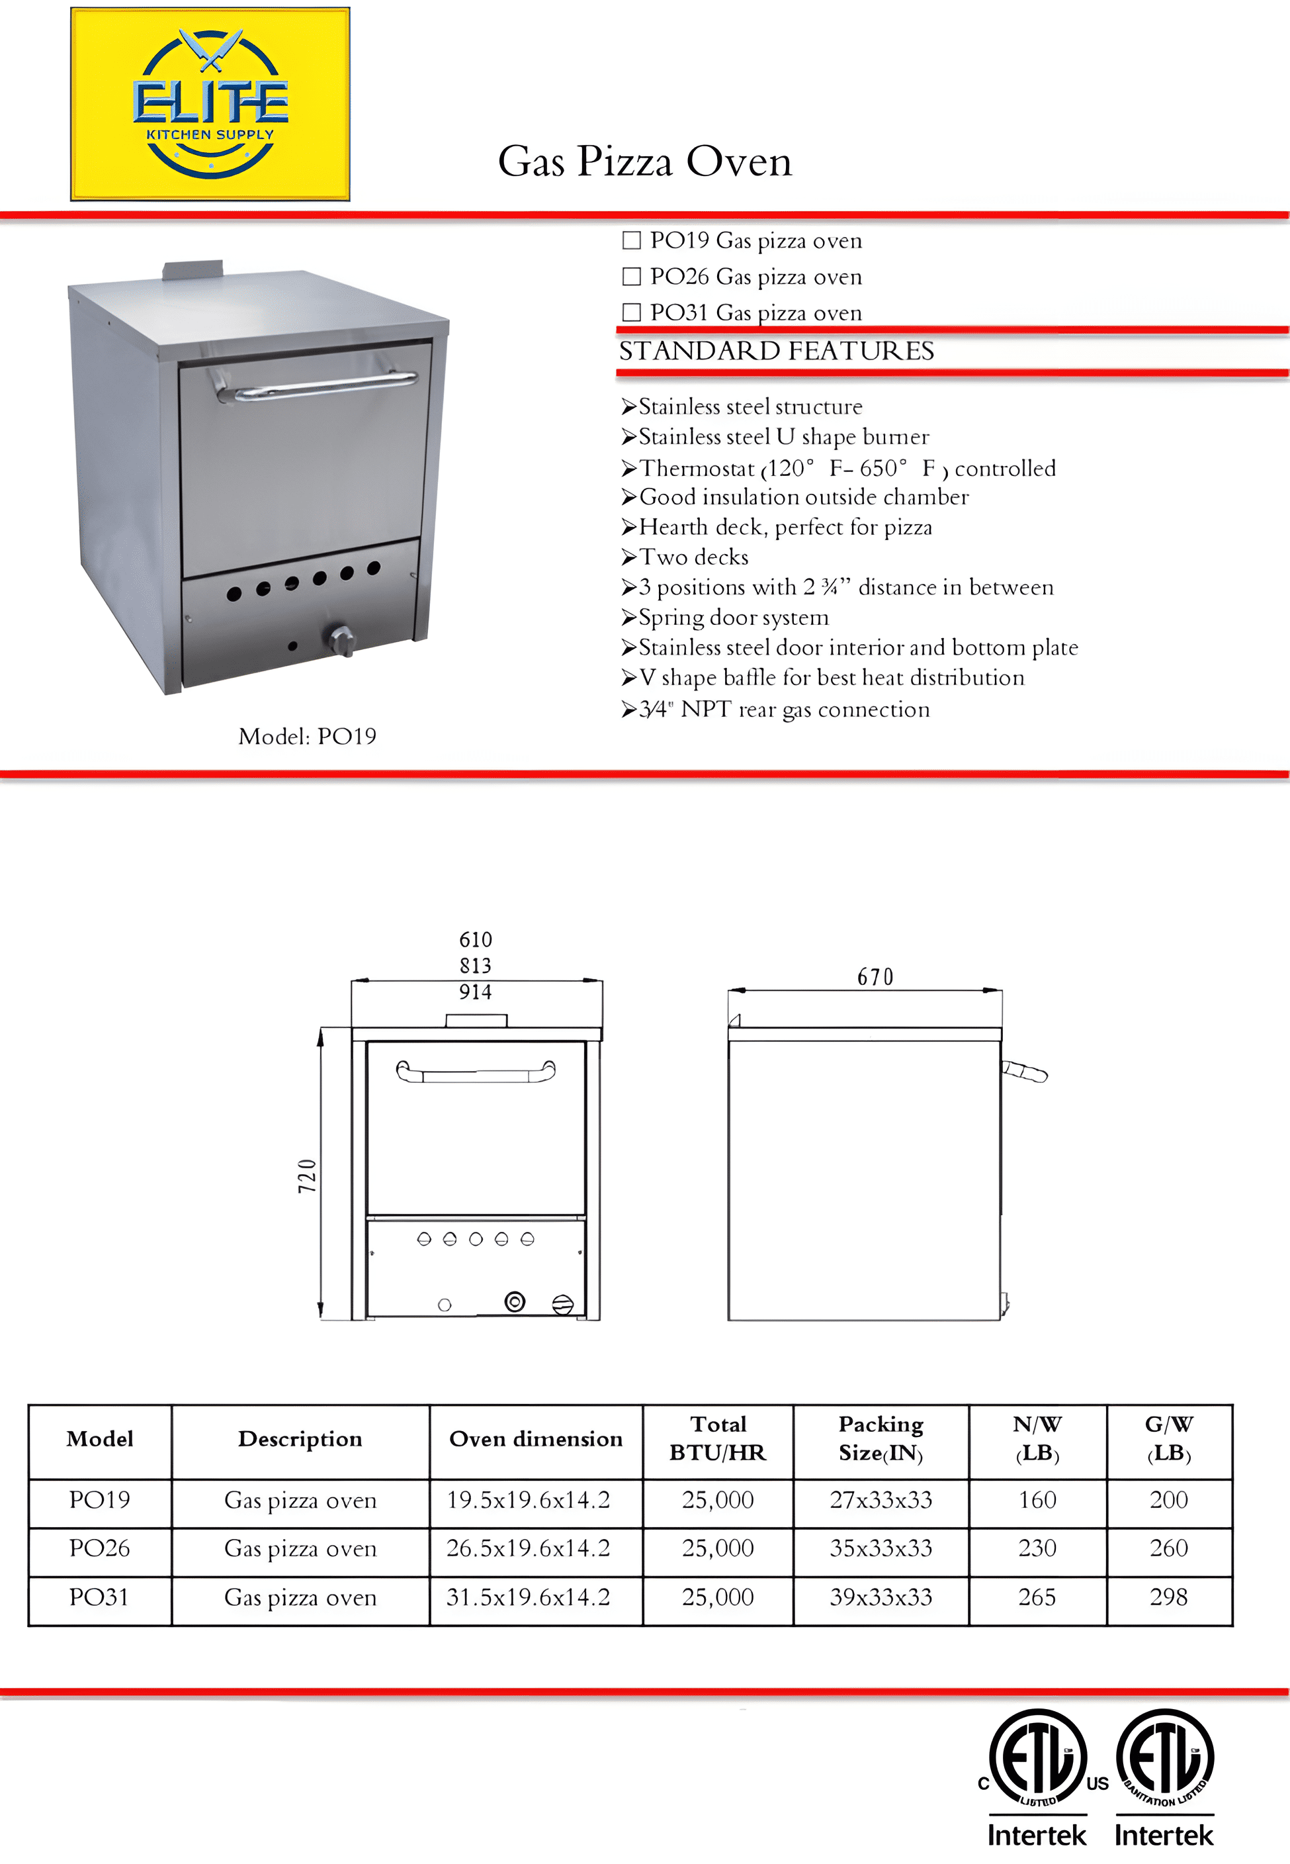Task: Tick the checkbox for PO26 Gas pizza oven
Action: tap(631, 277)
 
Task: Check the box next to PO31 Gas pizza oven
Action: tap(631, 312)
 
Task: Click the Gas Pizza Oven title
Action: tap(644, 161)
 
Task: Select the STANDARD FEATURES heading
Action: tap(776, 351)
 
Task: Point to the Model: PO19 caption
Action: tap(307, 736)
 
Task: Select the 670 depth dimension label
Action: tap(875, 977)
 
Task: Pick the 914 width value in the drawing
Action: tap(475, 992)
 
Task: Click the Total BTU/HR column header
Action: tap(717, 1438)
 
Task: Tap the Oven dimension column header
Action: tap(536, 1438)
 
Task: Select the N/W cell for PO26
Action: tap(1037, 1548)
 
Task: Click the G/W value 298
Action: tap(1169, 1597)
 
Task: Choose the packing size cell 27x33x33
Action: tap(881, 1499)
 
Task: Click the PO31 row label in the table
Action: tap(99, 1597)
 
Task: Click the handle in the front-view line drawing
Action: tap(475, 1073)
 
